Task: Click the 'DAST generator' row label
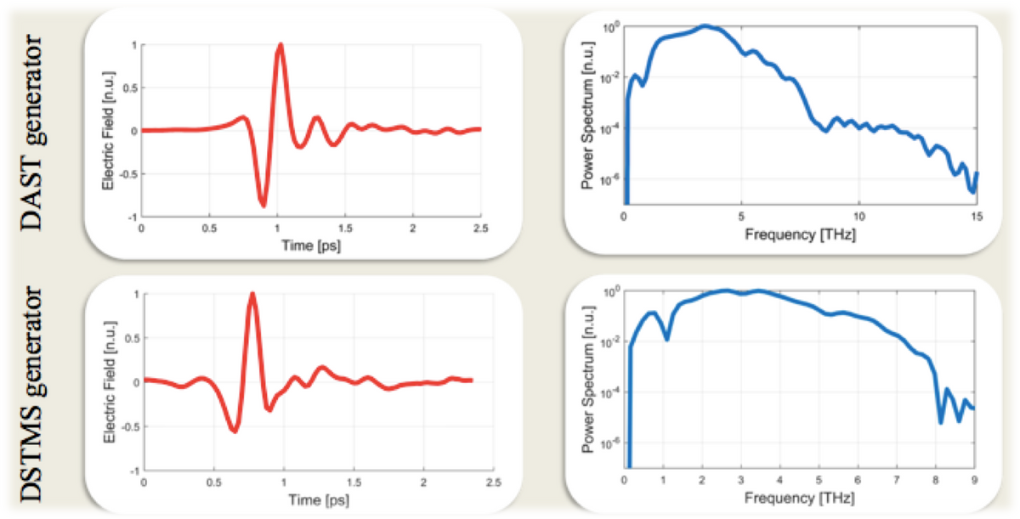[x=32, y=132]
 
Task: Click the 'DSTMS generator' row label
[x=32, y=394]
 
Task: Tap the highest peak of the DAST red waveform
[x=280, y=45]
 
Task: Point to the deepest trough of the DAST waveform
[x=263, y=206]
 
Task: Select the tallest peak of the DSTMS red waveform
[x=252, y=294]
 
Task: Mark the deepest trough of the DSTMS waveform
[x=235, y=431]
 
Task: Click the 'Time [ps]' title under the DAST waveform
[x=311, y=245]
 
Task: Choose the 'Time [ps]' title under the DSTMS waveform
[x=319, y=500]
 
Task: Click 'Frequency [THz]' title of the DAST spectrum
[x=800, y=234]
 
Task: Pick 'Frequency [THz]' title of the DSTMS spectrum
[x=799, y=498]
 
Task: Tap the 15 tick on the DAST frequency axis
[x=977, y=217]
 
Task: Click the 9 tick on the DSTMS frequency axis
[x=974, y=480]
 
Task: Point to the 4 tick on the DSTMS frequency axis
[x=780, y=480]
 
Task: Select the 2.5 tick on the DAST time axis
[x=481, y=228]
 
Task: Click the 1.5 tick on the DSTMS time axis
[x=354, y=482]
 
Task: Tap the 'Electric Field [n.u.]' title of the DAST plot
[x=108, y=131]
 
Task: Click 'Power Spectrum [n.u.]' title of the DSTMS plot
[x=588, y=379]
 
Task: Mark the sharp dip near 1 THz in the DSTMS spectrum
[x=666, y=339]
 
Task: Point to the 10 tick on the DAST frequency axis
[x=858, y=217]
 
